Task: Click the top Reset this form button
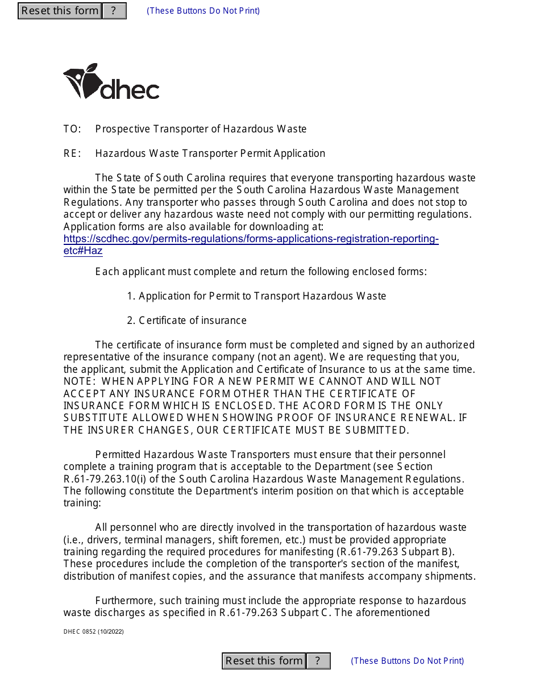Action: [60, 11]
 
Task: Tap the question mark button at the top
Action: [114, 11]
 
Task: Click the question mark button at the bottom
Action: [318, 661]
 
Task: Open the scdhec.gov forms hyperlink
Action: [251, 239]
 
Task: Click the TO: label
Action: [72, 129]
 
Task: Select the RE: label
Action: [72, 153]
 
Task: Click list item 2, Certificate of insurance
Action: [187, 321]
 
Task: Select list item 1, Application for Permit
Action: [256, 296]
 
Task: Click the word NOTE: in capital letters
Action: [79, 381]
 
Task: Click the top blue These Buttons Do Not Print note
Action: [203, 11]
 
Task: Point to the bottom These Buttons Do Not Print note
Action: [407, 661]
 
